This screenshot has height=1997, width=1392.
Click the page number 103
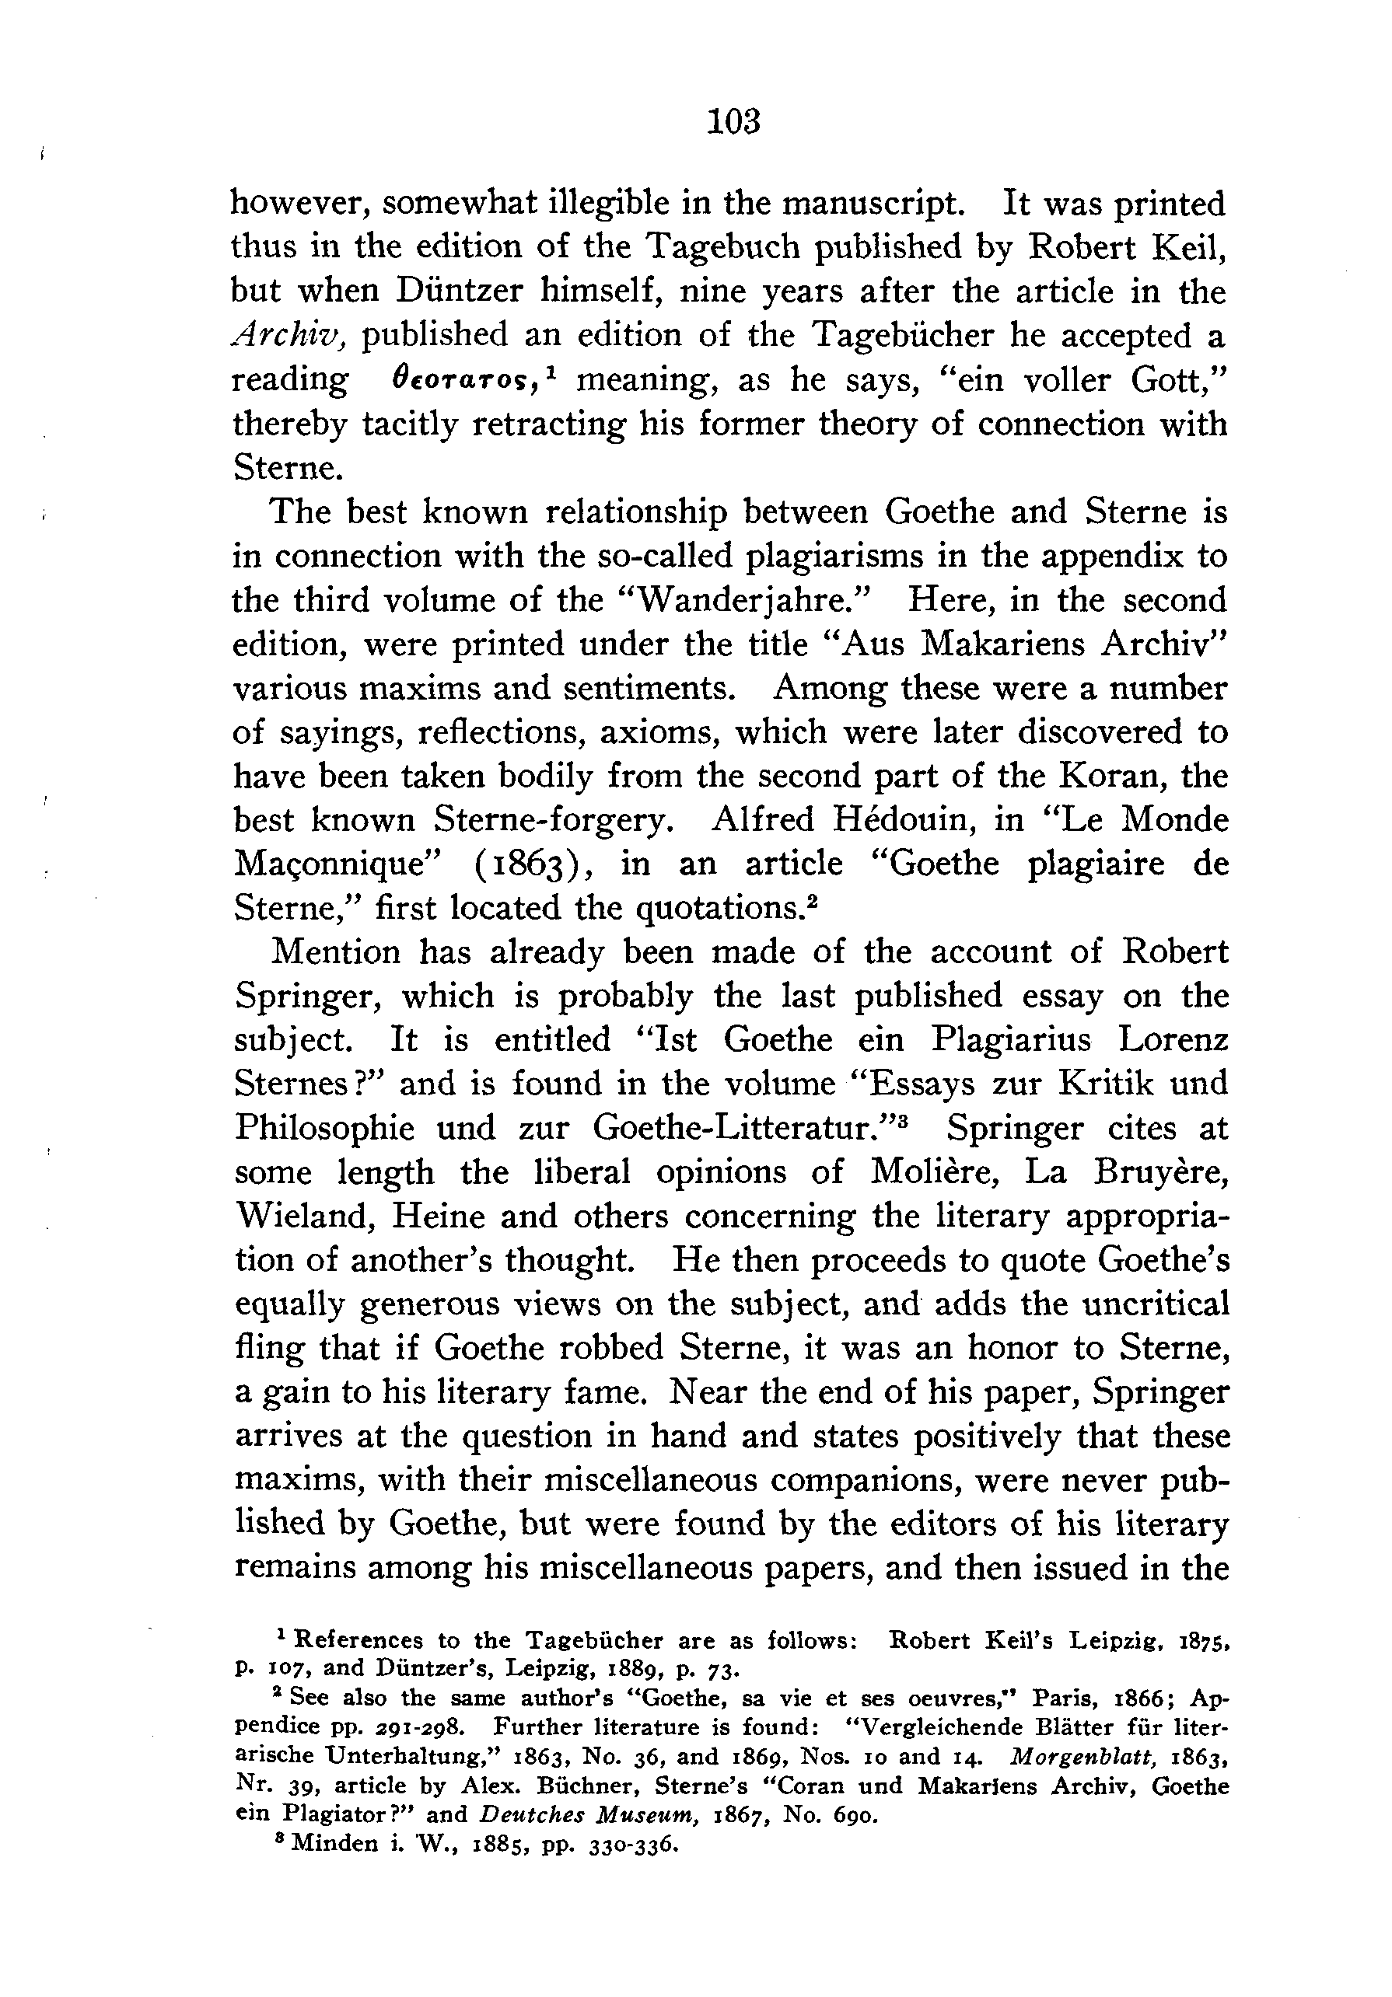coord(734,121)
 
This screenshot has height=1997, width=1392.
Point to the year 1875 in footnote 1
coord(1201,1641)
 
